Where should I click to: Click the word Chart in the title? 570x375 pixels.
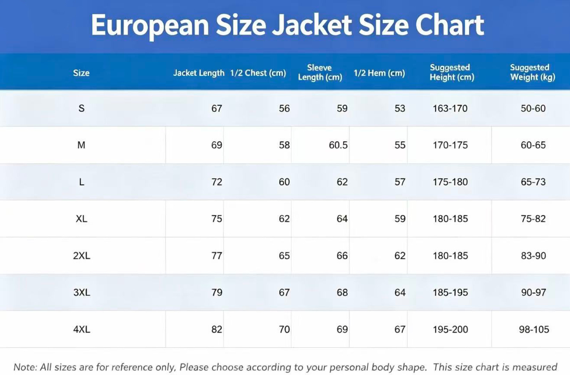click(x=450, y=25)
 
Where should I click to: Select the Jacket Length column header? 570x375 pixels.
click(x=199, y=73)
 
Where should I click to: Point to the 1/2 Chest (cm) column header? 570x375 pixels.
click(x=258, y=73)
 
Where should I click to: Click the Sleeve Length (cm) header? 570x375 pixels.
click(x=320, y=72)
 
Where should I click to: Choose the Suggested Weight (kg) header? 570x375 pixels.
click(x=532, y=72)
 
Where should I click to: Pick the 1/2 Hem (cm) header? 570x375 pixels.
click(x=379, y=73)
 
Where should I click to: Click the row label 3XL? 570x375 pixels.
click(x=82, y=292)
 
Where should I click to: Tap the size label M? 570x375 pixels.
click(x=81, y=145)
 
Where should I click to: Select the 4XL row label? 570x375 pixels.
click(x=82, y=329)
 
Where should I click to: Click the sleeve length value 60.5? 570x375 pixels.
click(x=338, y=145)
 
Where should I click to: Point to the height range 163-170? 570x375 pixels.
click(x=450, y=108)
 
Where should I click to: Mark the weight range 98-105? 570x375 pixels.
click(x=534, y=329)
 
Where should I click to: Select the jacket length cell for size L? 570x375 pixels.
click(x=217, y=182)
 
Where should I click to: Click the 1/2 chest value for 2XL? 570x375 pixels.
click(x=284, y=255)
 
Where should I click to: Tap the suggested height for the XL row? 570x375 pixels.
click(x=450, y=219)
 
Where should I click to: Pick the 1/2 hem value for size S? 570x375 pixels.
click(x=400, y=108)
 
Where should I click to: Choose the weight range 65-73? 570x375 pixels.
click(x=533, y=182)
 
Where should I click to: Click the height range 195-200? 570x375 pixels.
click(x=450, y=329)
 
